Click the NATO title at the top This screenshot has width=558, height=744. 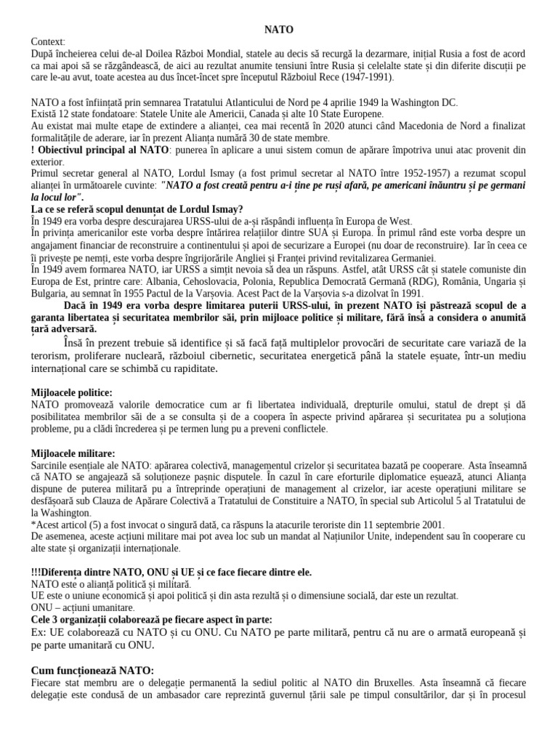[279, 30]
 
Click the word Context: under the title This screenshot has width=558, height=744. [49, 42]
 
